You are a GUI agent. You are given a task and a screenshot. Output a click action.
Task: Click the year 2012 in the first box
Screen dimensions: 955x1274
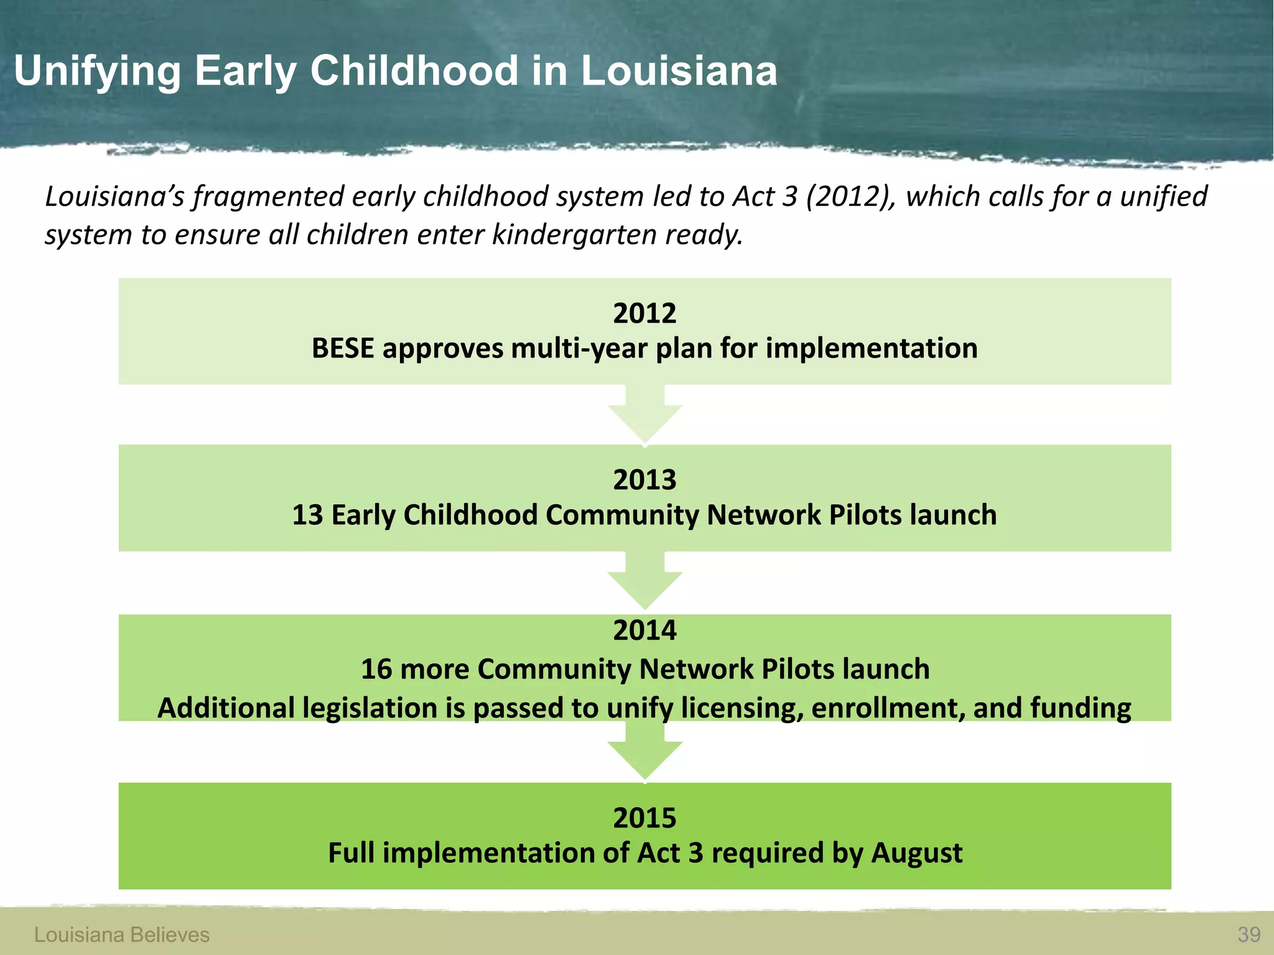[644, 313]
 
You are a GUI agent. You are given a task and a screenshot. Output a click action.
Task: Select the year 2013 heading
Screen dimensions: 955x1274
[644, 480]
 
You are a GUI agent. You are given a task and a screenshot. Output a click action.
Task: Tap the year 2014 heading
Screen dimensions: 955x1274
[644, 630]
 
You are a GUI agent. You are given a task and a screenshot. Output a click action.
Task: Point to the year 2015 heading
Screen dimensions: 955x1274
[644, 818]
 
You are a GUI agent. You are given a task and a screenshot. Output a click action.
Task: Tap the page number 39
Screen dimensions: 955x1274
[1248, 934]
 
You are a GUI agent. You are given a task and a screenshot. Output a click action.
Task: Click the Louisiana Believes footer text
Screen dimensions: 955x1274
[122, 934]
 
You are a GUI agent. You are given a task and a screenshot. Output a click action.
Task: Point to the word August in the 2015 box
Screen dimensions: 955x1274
[916, 853]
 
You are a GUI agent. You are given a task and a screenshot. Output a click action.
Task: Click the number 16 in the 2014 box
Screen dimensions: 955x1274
[376, 670]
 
